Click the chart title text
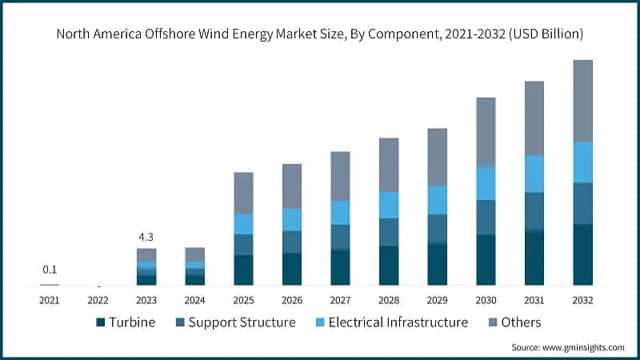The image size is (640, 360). tap(320, 34)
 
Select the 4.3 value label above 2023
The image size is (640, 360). tap(146, 237)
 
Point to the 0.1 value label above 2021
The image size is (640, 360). tap(50, 270)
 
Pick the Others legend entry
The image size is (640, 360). tap(513, 322)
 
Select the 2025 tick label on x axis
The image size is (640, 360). tap(243, 300)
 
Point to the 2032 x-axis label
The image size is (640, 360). tap(582, 300)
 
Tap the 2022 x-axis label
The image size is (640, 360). tap(98, 300)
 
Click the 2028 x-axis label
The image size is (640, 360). tap(389, 300)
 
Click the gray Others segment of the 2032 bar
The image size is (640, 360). tap(582, 101)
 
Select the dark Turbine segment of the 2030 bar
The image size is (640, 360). tap(486, 260)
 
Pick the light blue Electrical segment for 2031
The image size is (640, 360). tap(534, 174)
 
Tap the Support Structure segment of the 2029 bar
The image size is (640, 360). tap(437, 229)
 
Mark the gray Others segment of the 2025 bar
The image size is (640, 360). tap(243, 193)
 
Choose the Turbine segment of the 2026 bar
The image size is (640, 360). tap(292, 269)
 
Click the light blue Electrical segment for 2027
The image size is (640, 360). tap(340, 213)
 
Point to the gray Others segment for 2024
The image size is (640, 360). tap(195, 254)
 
